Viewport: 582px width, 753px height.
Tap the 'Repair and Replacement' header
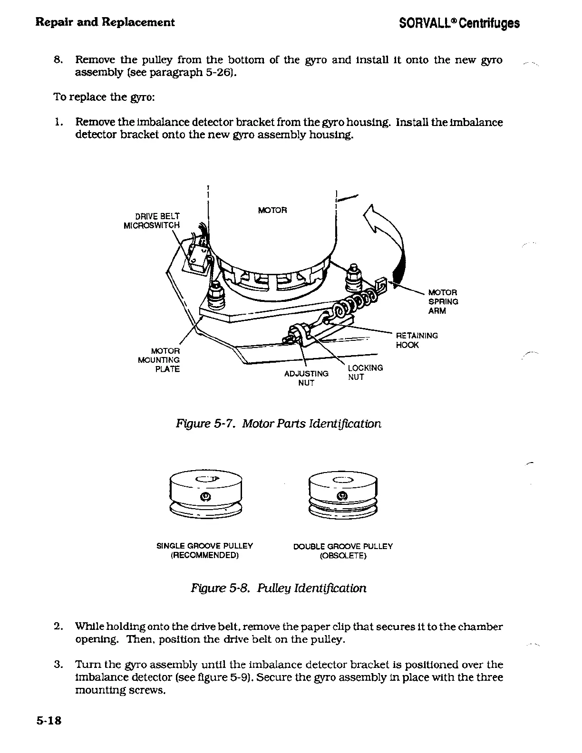pos(105,22)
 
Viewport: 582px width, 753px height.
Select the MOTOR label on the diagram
pos(272,210)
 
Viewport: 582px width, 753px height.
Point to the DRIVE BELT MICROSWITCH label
pos(152,221)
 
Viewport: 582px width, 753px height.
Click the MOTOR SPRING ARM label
pos(443,301)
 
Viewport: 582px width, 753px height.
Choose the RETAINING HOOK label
pos(417,340)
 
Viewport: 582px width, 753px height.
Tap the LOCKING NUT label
pos(365,372)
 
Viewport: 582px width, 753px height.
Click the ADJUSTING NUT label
pos(306,378)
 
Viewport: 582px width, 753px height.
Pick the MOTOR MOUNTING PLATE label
pos(159,360)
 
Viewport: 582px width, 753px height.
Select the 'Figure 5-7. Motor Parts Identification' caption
pos(279,423)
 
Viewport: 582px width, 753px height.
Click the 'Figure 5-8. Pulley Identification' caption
pos(279,588)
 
